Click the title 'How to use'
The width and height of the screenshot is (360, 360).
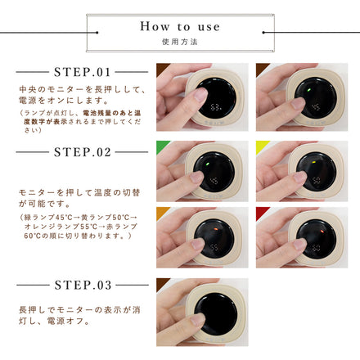click(x=179, y=26)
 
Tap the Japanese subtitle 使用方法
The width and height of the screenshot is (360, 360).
click(x=179, y=40)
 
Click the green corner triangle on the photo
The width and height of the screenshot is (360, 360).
click(x=160, y=144)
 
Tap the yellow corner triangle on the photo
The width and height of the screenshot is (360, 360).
click(x=260, y=144)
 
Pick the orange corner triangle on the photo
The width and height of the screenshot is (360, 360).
click(x=160, y=210)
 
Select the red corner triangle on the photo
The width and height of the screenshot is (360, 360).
click(x=260, y=210)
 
